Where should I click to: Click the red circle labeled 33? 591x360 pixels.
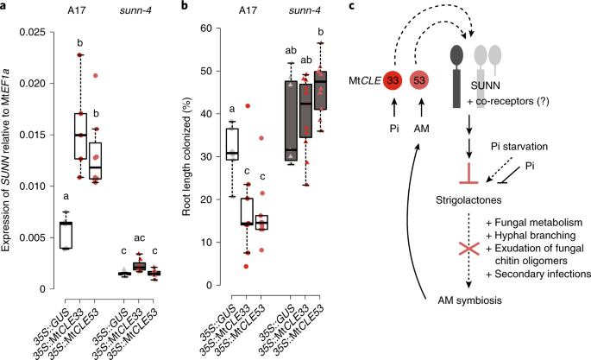pyautogui.click(x=393, y=80)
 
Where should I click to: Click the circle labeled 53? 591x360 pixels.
pyautogui.click(x=419, y=80)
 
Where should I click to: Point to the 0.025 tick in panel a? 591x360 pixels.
pyautogui.click(x=52, y=32)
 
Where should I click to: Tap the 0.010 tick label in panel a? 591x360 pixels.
pyautogui.click(x=33, y=186)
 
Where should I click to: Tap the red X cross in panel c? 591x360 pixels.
pyautogui.click(x=468, y=249)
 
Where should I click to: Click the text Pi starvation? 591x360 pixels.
pyautogui.click(x=519, y=146)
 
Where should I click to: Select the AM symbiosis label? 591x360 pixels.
pyautogui.click(x=469, y=300)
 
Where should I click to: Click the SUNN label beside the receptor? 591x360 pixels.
pyautogui.click(x=486, y=85)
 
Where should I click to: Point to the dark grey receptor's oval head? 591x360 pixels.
pyautogui.click(x=456, y=55)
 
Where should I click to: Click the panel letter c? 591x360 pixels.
pyautogui.click(x=351, y=6)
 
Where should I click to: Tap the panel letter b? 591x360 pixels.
pyautogui.click(x=185, y=6)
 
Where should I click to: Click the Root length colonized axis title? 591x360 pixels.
pyautogui.click(x=186, y=156)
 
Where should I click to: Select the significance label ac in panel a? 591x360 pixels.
pyautogui.click(x=140, y=238)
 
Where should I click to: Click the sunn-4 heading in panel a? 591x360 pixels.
pyautogui.click(x=135, y=10)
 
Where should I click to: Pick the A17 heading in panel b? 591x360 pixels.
pyautogui.click(x=248, y=10)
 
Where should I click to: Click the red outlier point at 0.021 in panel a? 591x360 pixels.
pyautogui.click(x=96, y=75)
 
